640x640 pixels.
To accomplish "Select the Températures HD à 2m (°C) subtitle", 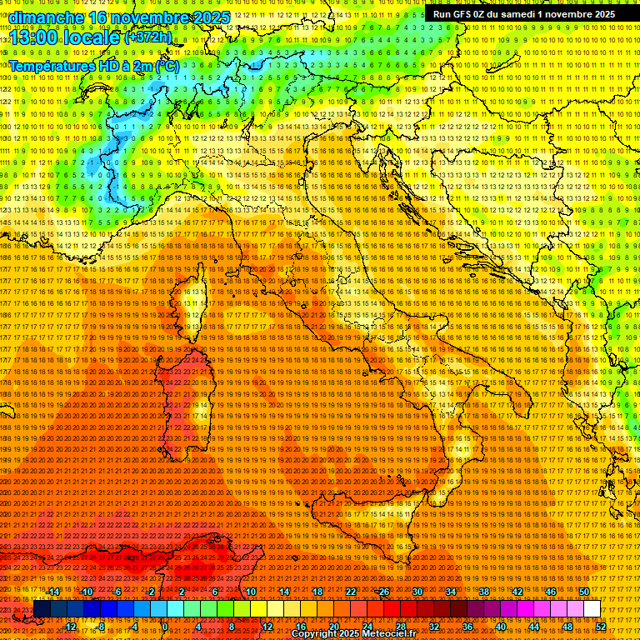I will coord(92,65).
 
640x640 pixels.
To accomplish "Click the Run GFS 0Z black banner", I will coord(523,14).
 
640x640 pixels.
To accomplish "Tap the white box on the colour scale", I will coord(592,609).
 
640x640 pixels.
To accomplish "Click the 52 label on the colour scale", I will coord(600,626).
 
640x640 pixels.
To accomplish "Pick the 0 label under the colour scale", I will coord(165,626).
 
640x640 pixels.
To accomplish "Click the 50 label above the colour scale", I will coord(583,592).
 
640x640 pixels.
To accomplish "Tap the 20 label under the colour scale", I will coord(333,626).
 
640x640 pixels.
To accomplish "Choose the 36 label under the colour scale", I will coord(467,626).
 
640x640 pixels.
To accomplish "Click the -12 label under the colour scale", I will coord(70,626).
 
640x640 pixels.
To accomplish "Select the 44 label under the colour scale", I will coord(533,626).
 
